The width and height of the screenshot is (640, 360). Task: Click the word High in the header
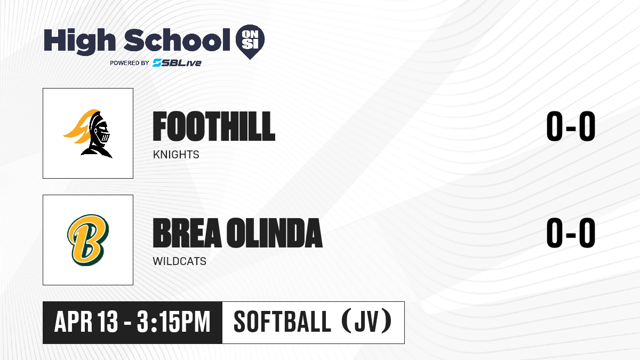point(79,42)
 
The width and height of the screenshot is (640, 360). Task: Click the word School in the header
point(177,40)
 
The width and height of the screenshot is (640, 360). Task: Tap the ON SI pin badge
point(250,42)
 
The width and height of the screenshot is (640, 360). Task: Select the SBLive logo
point(177,63)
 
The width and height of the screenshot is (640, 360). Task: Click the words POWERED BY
point(130,63)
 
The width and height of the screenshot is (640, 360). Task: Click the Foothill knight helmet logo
point(88,133)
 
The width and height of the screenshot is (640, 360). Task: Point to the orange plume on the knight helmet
point(80,126)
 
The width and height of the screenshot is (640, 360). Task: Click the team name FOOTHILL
point(214,126)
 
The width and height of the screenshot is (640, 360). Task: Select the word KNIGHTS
point(176,155)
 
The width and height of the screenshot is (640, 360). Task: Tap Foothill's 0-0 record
point(571,126)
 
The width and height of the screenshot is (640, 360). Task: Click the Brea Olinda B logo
point(88,240)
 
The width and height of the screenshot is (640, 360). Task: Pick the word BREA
point(187,233)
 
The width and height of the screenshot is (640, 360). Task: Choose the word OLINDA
point(275,233)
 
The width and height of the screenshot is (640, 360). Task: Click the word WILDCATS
point(179,261)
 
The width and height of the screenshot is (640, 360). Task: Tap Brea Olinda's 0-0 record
point(571,233)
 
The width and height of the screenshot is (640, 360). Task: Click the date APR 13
point(86,322)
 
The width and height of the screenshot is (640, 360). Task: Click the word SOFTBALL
point(282,322)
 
